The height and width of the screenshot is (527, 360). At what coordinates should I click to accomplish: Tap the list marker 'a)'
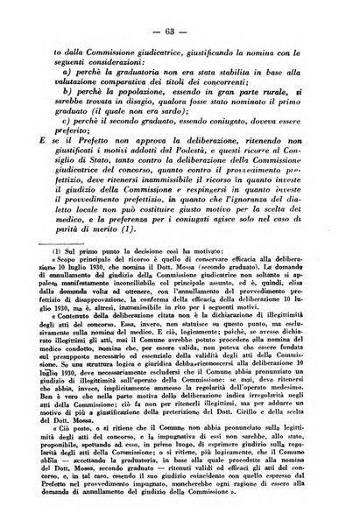[81, 71]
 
